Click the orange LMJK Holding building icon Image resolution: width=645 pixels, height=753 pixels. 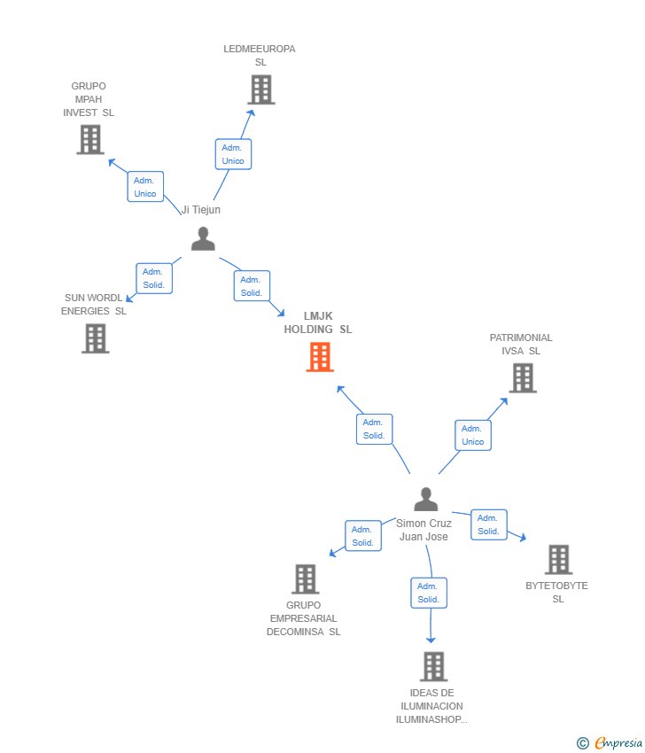320,357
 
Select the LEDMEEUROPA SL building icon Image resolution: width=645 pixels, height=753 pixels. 260,89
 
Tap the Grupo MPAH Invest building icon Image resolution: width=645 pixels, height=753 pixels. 89,139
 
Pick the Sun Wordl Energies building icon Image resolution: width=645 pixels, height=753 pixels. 95,338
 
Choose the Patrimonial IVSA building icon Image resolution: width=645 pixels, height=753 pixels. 523,378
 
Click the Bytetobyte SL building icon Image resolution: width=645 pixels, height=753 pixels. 558,560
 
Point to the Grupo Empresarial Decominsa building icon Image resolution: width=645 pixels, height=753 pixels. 305,578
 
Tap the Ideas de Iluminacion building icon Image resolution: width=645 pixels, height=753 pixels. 432,666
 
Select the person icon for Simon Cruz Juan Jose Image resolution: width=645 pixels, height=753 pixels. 425,500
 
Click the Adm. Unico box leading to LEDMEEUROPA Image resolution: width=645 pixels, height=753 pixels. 233,154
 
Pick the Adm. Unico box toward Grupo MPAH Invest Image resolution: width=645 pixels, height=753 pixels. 145,187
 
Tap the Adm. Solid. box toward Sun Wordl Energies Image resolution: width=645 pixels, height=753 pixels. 154,278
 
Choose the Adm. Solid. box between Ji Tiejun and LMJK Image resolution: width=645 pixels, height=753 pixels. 252,286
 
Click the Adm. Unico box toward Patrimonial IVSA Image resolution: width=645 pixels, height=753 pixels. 473,435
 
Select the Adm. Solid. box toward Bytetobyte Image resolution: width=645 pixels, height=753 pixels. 488,524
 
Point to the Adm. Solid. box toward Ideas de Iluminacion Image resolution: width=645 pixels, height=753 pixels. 429,593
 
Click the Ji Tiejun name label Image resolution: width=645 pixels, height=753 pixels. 201,210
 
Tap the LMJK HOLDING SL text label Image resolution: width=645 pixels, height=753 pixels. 318,322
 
